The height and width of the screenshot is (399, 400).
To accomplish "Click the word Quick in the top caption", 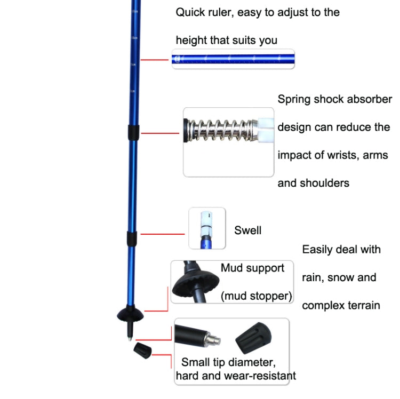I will (x=189, y=12).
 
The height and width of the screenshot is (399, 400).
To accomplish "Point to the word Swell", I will (x=248, y=230).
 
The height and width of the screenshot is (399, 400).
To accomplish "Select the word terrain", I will (x=360, y=306).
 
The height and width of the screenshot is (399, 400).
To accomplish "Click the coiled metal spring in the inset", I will (x=219, y=130).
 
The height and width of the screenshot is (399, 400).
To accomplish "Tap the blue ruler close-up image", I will (x=233, y=59).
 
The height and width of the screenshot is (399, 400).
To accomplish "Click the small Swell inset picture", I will (x=207, y=228).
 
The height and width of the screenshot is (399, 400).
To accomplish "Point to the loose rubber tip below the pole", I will (x=142, y=350).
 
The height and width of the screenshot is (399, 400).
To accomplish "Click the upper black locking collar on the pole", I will (x=133, y=131).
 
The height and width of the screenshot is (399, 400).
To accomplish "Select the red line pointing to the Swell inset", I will (x=163, y=234).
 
